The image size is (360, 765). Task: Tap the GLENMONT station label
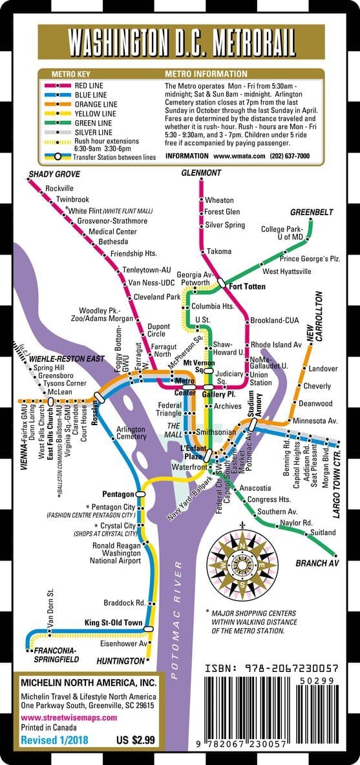pyautogui.click(x=202, y=173)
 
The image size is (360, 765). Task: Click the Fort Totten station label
pyautogui.click(x=246, y=286)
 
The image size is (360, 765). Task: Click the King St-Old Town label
pyautogui.click(x=113, y=623)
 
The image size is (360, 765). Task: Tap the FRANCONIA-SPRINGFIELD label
pyautogui.click(x=56, y=655)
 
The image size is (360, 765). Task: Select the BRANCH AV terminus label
pyautogui.click(x=317, y=563)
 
